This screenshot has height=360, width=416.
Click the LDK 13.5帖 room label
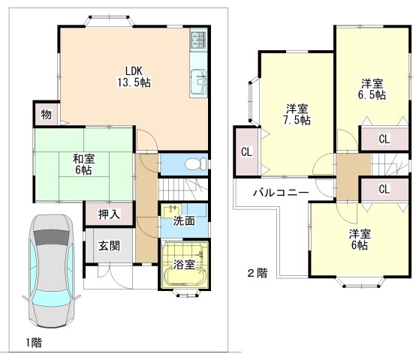coord(134,76)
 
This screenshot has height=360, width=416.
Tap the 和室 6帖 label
coord(83,164)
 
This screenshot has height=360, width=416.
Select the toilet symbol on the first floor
coord(195,164)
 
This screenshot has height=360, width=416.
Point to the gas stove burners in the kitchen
coord(198,40)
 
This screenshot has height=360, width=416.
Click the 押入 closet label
coord(109,214)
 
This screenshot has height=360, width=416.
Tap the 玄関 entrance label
coord(109,246)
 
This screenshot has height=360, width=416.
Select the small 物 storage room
coord(47,114)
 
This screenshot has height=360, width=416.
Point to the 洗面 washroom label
coord(184,221)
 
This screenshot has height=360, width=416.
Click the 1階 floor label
coord(34,343)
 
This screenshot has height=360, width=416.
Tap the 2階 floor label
coord(258,273)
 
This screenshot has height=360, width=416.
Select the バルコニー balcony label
coord(281,192)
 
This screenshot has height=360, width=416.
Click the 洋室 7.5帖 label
coord(297,115)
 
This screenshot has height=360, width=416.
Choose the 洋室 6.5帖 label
coord(372,89)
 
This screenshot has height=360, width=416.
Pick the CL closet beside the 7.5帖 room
coord(246,151)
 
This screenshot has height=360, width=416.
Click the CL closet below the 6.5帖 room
coord(384,139)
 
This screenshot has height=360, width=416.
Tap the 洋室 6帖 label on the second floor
coord(360,239)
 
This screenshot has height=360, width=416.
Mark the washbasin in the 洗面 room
coord(171,211)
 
